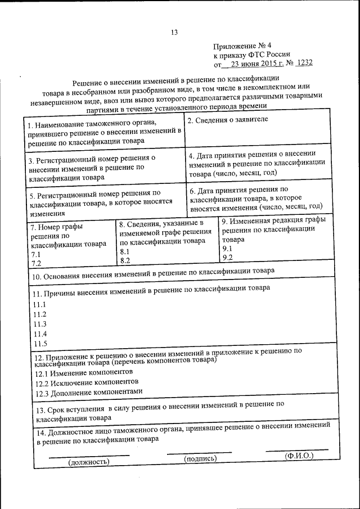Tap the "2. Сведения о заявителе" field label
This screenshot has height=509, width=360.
[219, 120]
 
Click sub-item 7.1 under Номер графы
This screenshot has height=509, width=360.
[36, 254]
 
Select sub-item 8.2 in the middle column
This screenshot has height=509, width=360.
[125, 260]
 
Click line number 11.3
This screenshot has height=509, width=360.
[39, 324]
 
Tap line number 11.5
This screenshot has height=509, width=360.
[39, 344]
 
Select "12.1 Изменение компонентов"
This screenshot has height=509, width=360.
[84, 372]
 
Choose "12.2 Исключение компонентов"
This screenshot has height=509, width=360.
[87, 382]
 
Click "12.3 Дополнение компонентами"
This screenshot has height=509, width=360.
[89, 391]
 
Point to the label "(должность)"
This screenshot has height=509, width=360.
[88, 462]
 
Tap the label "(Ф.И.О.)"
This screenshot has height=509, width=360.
[298, 455]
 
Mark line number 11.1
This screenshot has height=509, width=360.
[39, 304]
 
